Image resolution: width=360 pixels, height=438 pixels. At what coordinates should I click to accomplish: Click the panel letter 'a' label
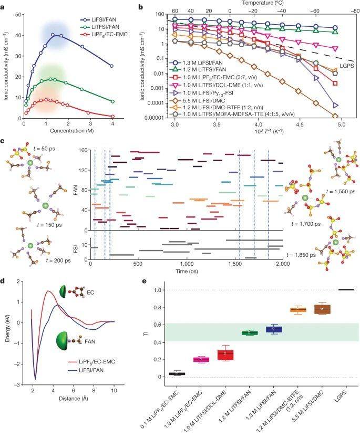pos(4,6)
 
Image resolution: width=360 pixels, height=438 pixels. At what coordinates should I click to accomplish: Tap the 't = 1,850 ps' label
pos(302,254)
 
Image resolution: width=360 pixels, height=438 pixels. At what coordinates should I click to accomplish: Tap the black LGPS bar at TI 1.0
pos(346,289)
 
